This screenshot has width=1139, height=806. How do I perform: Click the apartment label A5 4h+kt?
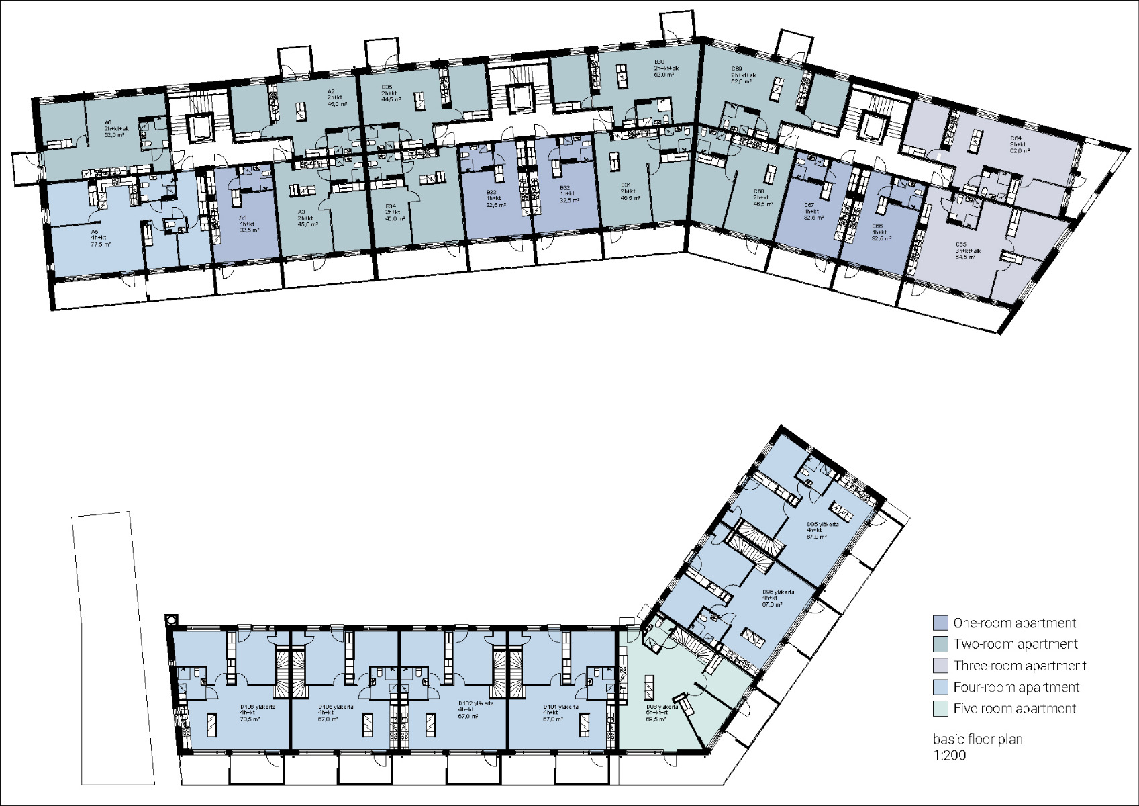[101, 238]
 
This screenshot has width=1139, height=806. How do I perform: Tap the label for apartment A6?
[115, 128]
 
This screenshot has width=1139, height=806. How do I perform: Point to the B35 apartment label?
[391, 93]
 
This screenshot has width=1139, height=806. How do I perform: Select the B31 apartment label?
[630, 191]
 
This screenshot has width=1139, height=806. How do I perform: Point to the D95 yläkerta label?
[822, 530]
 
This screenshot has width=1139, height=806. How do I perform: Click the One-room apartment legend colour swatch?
[940, 623]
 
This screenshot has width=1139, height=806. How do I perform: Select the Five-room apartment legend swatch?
[940, 709]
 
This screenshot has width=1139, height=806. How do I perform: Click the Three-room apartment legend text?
[1020, 666]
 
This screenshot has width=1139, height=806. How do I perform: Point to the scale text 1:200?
[950, 755]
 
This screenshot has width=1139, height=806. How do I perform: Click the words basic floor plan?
[977, 740]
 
